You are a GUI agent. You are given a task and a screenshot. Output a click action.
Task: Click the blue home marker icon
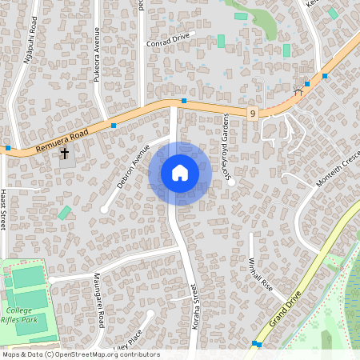click(180, 173)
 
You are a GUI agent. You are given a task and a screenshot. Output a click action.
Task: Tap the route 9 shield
click(252, 115)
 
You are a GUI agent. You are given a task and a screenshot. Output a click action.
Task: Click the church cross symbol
click(64, 154)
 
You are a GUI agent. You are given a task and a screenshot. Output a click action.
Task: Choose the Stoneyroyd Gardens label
click(228, 148)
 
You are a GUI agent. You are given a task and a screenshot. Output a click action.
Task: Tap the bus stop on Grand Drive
click(256, 344)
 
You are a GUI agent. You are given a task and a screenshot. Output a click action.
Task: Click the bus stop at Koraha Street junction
click(184, 101)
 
